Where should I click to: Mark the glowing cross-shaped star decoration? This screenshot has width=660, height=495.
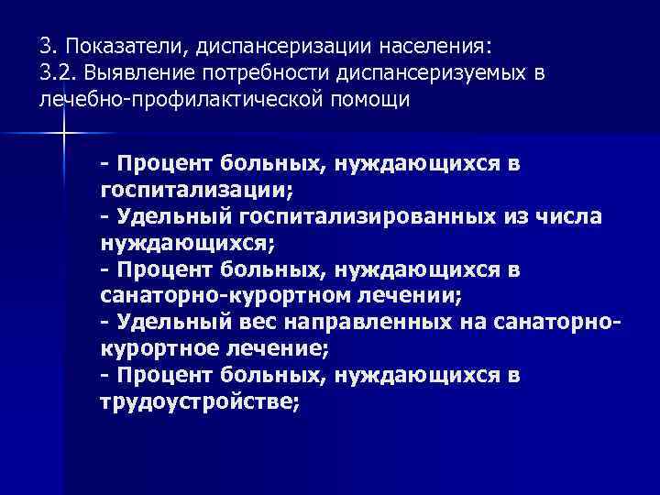(x=65, y=136)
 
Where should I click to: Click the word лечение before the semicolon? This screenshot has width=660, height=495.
(x=276, y=350)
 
